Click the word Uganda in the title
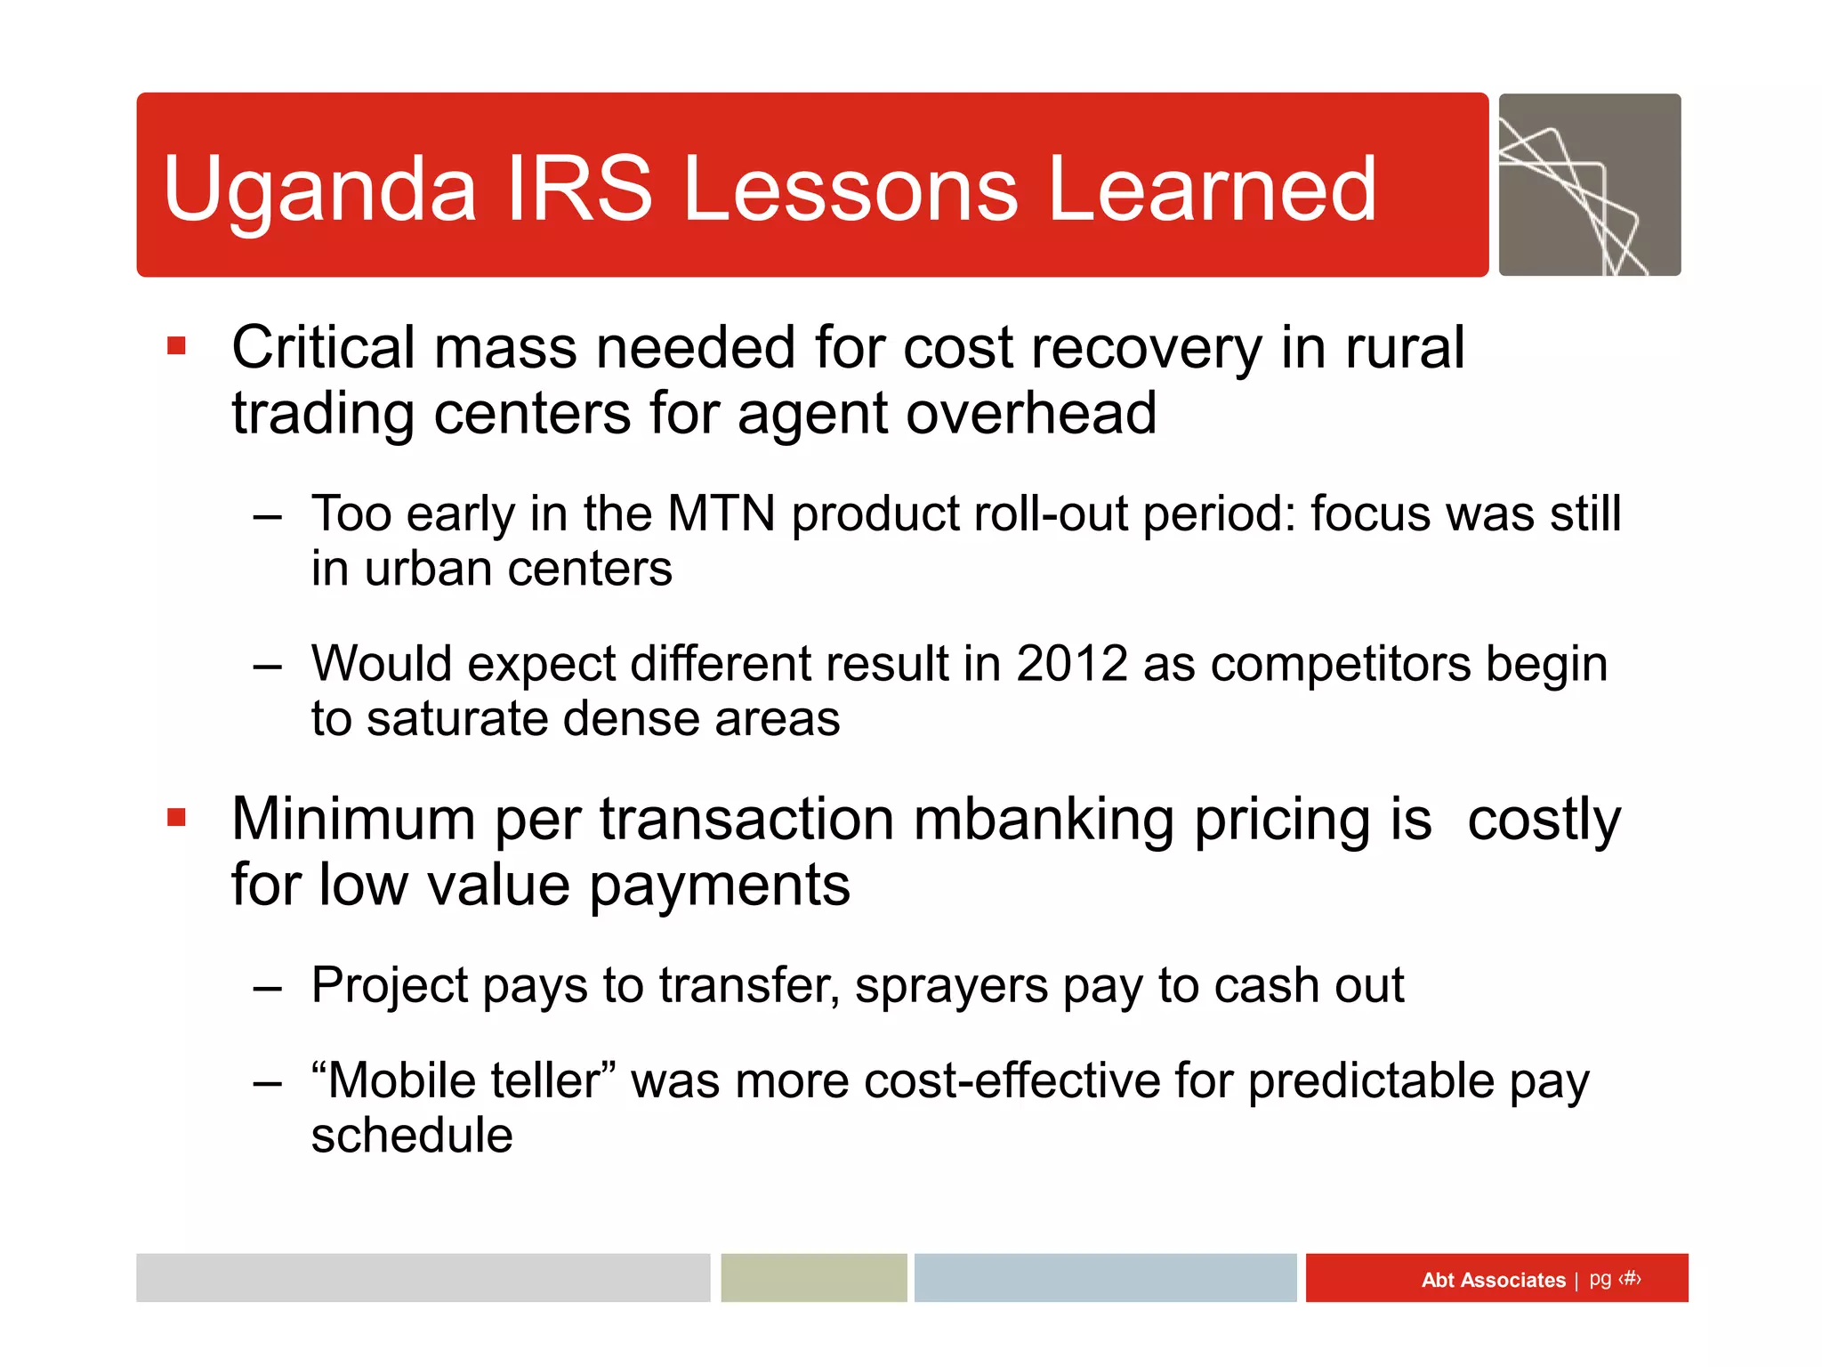click(x=320, y=189)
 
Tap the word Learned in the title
click(x=1212, y=189)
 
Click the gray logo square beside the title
click(x=1590, y=185)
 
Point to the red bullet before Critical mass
click(x=176, y=345)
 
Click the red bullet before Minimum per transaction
click(x=176, y=816)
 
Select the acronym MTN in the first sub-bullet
click(x=722, y=514)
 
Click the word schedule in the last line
click(x=412, y=1136)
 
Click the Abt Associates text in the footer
click(x=1493, y=1280)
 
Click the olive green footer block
click(x=813, y=1278)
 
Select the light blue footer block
click(x=1105, y=1278)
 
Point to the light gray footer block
click(x=423, y=1278)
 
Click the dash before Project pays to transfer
click(x=267, y=987)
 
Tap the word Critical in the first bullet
click(x=323, y=347)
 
